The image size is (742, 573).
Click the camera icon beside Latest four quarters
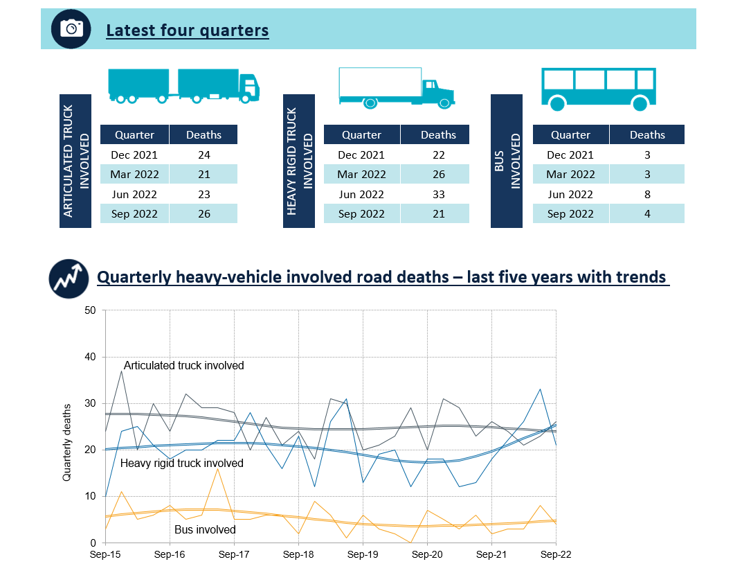[71, 28]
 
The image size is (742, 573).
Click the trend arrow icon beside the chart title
[68, 278]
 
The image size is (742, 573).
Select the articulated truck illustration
[183, 86]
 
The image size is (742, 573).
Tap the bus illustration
[598, 89]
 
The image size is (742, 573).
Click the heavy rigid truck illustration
[397, 88]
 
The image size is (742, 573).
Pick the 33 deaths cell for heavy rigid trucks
[438, 194]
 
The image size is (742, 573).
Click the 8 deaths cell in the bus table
[647, 194]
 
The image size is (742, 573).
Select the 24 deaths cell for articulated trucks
[203, 155]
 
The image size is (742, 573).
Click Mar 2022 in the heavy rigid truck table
[361, 174]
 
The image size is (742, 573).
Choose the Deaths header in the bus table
[647, 134]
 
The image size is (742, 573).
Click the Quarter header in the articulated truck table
[134, 134]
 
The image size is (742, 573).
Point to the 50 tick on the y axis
[89, 310]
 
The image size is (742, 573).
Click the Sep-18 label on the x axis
[298, 555]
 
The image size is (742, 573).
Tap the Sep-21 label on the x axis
[491, 555]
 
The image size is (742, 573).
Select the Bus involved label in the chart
[204, 529]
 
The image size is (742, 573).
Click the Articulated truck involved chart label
[183, 365]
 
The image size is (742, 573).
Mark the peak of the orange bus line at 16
[218, 468]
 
